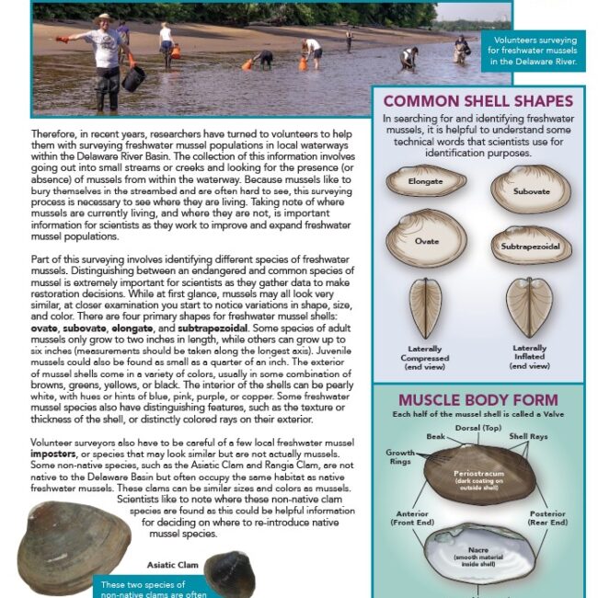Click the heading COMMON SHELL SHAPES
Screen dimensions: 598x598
click(x=477, y=101)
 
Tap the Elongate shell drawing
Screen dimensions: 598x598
click(x=425, y=181)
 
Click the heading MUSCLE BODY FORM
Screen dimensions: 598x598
click(x=477, y=400)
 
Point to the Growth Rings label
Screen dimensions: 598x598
click(x=400, y=458)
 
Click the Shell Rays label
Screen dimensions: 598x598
click(x=531, y=437)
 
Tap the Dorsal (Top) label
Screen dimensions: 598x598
click(x=477, y=429)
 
